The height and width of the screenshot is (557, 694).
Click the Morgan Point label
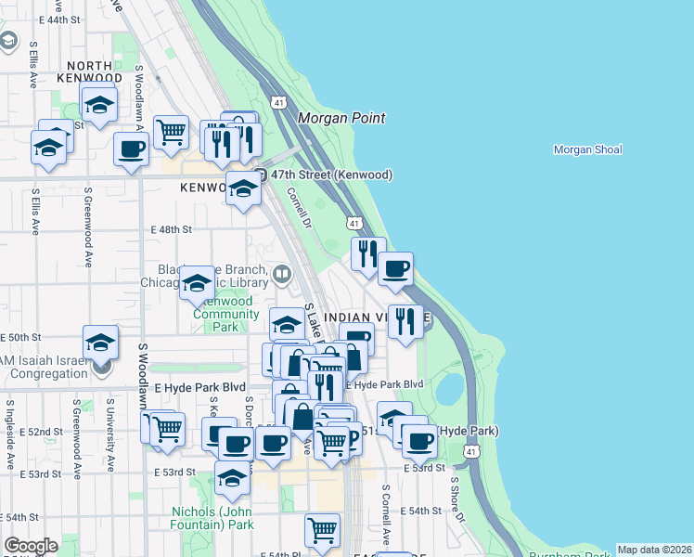click(341, 118)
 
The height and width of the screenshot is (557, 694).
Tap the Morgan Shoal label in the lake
click(587, 149)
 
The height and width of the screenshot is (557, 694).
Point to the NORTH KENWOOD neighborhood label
click(89, 72)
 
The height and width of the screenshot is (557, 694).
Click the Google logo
click(31, 546)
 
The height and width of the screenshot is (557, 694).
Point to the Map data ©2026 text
click(654, 550)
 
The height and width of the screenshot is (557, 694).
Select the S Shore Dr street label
click(456, 499)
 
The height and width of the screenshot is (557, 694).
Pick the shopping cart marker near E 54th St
click(322, 531)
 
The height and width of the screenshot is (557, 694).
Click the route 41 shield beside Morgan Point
click(278, 101)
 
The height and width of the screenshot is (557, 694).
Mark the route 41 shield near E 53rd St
click(472, 451)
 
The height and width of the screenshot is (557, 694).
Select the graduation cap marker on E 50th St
click(100, 342)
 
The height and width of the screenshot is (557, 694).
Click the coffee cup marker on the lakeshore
click(396, 269)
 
